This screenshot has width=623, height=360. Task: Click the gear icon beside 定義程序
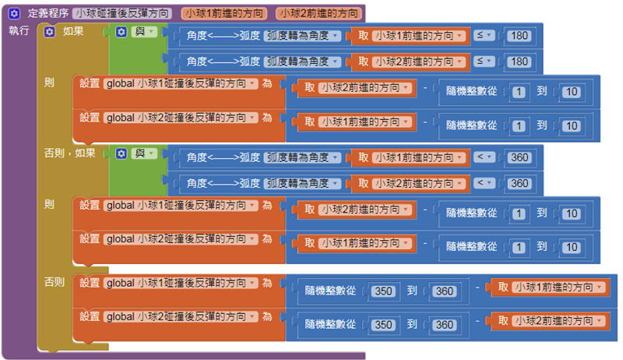coord(14,13)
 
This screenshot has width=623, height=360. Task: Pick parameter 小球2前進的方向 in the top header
coord(318,13)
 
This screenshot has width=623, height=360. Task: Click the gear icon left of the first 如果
coord(50,32)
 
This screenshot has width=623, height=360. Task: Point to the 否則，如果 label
coord(70,154)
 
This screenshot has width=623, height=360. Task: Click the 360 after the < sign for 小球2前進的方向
coord(518,183)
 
